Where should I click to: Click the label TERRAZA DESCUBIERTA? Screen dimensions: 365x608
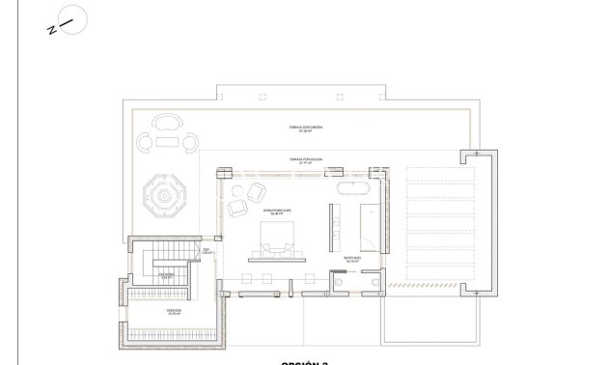(304, 127)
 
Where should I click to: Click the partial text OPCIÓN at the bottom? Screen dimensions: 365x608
(299, 362)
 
